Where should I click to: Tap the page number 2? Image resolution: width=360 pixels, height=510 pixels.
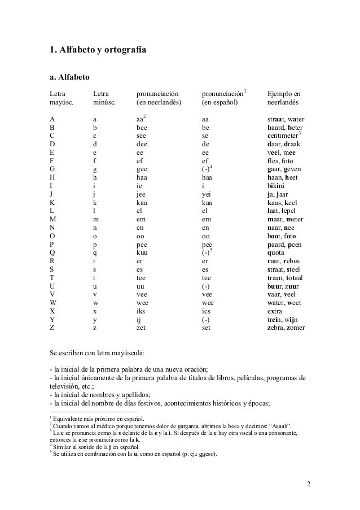309,484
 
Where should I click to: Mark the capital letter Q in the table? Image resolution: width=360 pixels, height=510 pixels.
52,253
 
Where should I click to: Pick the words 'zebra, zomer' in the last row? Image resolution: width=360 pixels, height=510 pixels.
286,327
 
